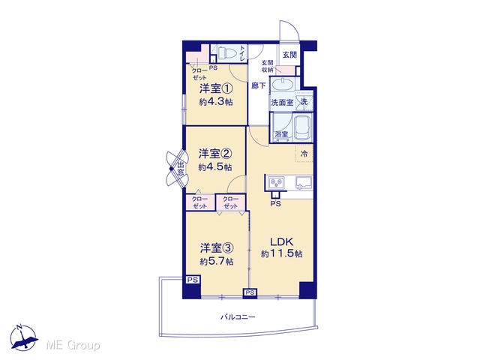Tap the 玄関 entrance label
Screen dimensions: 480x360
pyautogui.click(x=289, y=55)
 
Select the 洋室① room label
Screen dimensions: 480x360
pyautogui.click(x=216, y=88)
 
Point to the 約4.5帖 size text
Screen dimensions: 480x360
pyautogui.click(x=215, y=167)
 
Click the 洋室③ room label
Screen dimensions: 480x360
pyautogui.click(x=217, y=248)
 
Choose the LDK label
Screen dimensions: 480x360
pyautogui.click(x=282, y=241)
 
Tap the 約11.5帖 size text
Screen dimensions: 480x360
pyautogui.click(x=282, y=253)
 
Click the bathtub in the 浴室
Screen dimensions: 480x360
pyautogui.click(x=302, y=128)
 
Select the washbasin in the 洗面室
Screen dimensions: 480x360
pyautogui.click(x=283, y=84)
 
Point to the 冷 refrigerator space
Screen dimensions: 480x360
pyautogui.click(x=304, y=153)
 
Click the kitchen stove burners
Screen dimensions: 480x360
pyautogui.click(x=276, y=183)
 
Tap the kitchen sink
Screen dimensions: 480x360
pyautogui.click(x=303, y=183)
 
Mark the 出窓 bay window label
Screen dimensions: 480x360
pyautogui.click(x=181, y=169)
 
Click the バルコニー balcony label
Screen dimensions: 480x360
pyautogui.click(x=238, y=316)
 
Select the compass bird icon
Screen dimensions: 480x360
pyautogui.click(x=24, y=338)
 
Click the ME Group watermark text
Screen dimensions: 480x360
pyautogui.click(x=73, y=345)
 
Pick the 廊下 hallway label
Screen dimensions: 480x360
pyautogui.click(x=258, y=85)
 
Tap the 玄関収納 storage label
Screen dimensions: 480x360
pyautogui.click(x=267, y=66)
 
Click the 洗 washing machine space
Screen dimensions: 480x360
pyautogui.click(x=304, y=101)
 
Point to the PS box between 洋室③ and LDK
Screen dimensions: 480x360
pyautogui.click(x=250, y=292)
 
